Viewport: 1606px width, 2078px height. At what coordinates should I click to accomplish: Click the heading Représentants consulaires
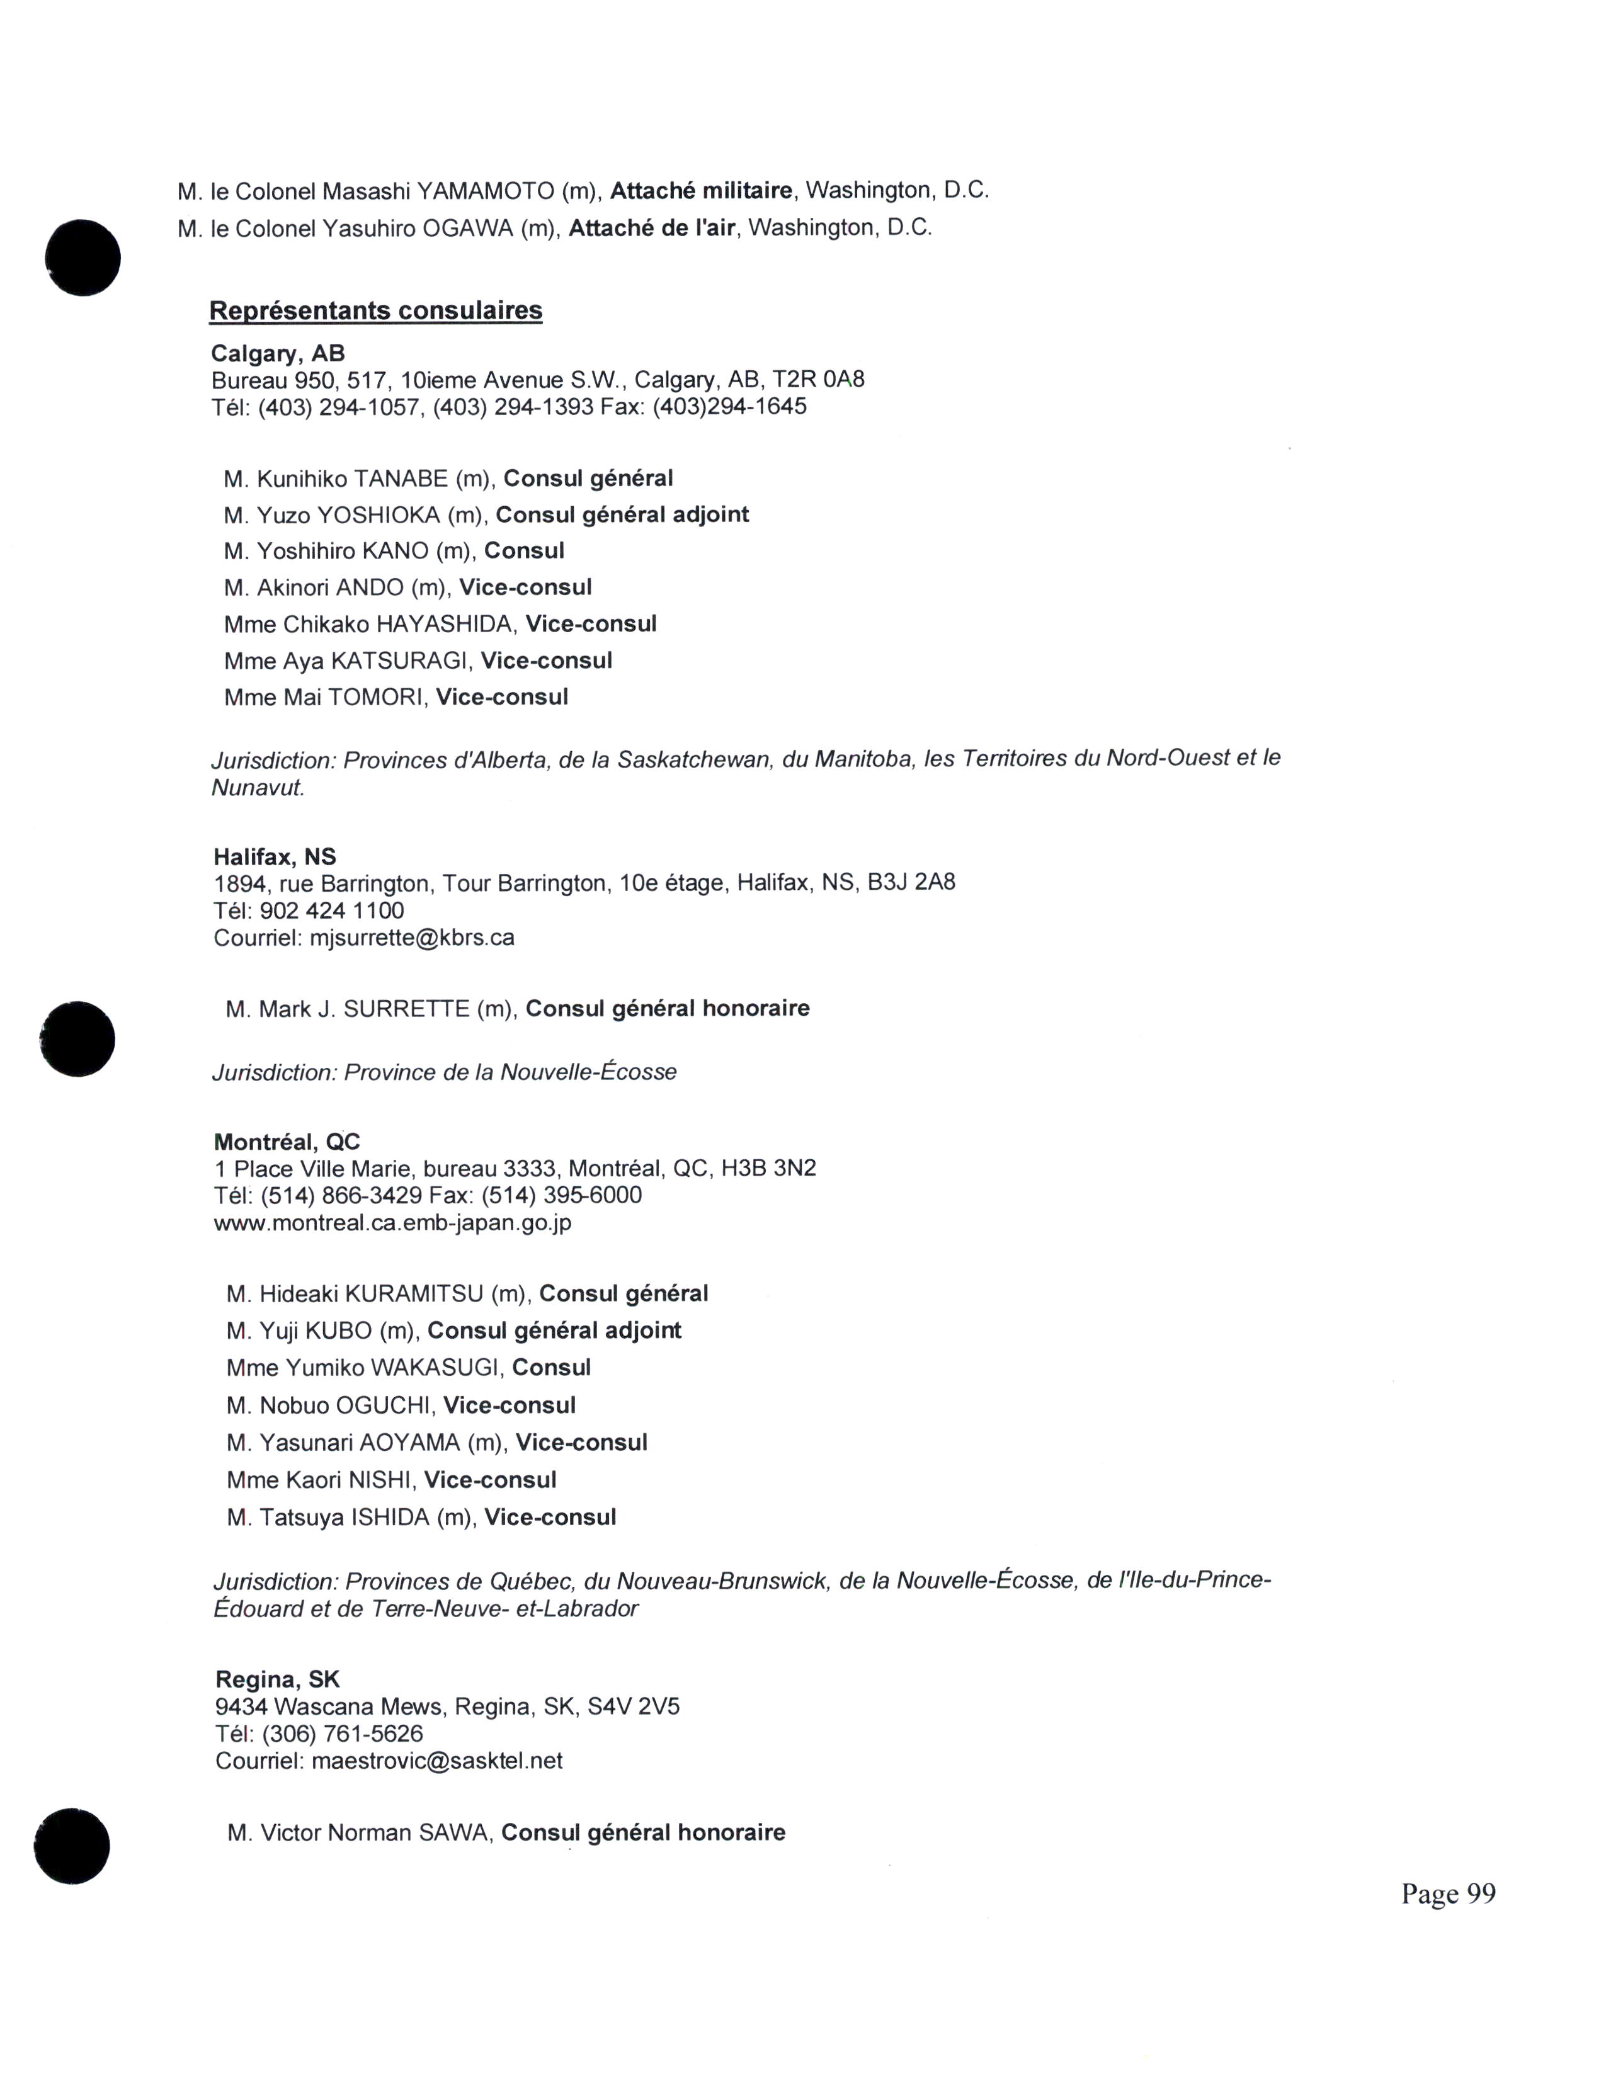[x=376, y=311]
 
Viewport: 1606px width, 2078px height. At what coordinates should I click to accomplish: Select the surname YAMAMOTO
[x=485, y=191]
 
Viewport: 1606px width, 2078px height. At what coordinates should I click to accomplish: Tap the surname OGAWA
[x=467, y=229]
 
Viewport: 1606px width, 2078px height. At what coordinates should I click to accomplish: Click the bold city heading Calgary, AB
[x=278, y=354]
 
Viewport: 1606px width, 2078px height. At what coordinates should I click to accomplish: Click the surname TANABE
[x=401, y=479]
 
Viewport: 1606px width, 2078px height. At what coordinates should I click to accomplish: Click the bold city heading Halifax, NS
[x=275, y=856]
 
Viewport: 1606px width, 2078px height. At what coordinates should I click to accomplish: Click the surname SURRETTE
[x=406, y=1009]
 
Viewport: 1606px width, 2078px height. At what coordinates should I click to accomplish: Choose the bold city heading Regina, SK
[x=278, y=1679]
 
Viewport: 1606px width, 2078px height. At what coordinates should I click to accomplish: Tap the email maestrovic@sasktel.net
[x=436, y=1761]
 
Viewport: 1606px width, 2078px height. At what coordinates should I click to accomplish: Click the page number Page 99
[x=1447, y=1893]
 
